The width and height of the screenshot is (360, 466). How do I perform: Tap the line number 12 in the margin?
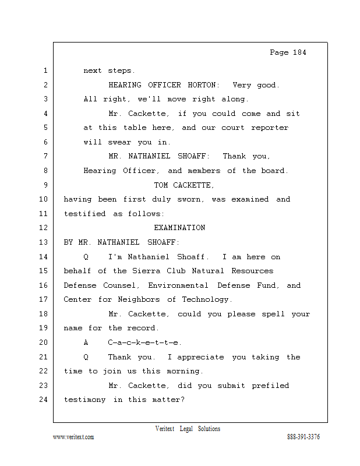[44, 228]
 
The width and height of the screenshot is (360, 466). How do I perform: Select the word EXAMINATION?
[179, 228]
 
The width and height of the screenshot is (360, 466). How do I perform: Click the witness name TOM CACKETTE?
[183, 185]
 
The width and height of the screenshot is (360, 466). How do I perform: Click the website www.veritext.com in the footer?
[73, 437]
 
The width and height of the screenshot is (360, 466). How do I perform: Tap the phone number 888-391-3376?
[303, 437]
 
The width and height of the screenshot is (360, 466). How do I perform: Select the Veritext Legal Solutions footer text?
[188, 429]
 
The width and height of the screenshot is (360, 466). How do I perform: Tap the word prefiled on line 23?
[270, 386]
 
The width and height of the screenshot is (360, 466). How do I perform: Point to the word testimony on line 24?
[85, 400]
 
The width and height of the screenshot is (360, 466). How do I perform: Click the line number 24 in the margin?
[44, 400]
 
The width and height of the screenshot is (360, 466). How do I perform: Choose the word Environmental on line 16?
[178, 285]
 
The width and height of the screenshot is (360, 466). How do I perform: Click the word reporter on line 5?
[270, 128]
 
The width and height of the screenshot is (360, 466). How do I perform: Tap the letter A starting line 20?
[86, 343]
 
